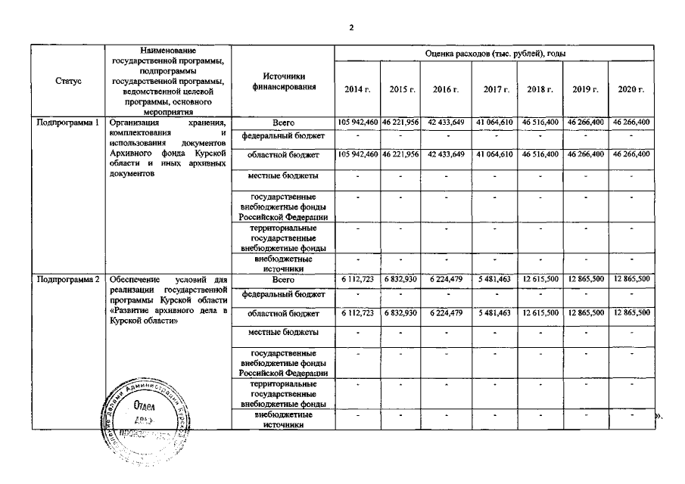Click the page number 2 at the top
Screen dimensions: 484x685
350,28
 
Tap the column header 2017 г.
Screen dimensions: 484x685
496,90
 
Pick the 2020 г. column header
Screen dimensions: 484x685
631,90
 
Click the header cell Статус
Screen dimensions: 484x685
69,80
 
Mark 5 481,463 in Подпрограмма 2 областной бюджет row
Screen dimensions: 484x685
496,312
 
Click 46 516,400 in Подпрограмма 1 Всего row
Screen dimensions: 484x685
540,122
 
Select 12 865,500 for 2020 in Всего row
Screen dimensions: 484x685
631,279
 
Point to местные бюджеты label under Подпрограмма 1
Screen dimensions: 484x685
282,175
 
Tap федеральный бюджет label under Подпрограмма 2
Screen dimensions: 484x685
282,294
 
